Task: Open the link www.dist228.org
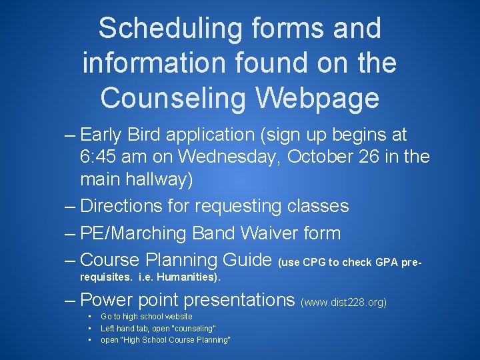pyautogui.click(x=344, y=303)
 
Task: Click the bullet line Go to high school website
pyautogui.click(x=146, y=317)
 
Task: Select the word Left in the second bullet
pyautogui.click(x=107, y=328)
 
